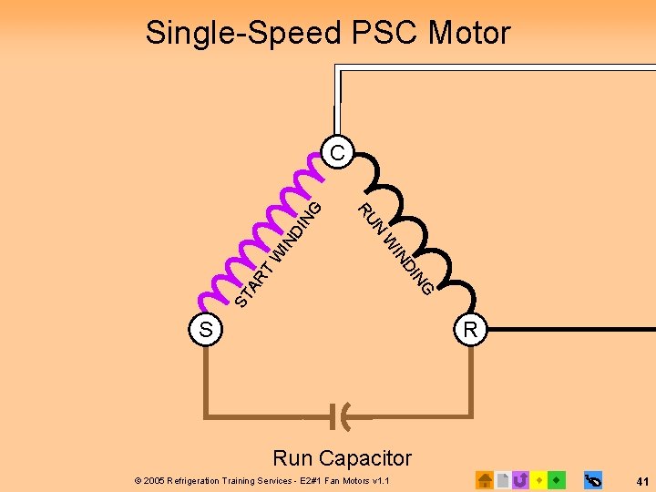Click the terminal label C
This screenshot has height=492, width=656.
tap(338, 152)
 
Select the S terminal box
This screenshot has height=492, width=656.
tap(206, 330)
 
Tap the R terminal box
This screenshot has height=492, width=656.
tap(470, 330)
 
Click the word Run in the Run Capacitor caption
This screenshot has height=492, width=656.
tap(292, 457)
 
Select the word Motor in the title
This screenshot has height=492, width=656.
tap(470, 34)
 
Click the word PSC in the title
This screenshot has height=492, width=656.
tap(381, 34)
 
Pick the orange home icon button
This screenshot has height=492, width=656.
tap(485, 479)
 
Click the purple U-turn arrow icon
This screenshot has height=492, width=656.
tap(521, 479)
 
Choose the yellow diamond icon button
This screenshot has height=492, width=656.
tap(539, 479)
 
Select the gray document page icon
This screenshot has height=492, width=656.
tap(503, 479)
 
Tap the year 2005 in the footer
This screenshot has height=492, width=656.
tap(155, 479)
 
